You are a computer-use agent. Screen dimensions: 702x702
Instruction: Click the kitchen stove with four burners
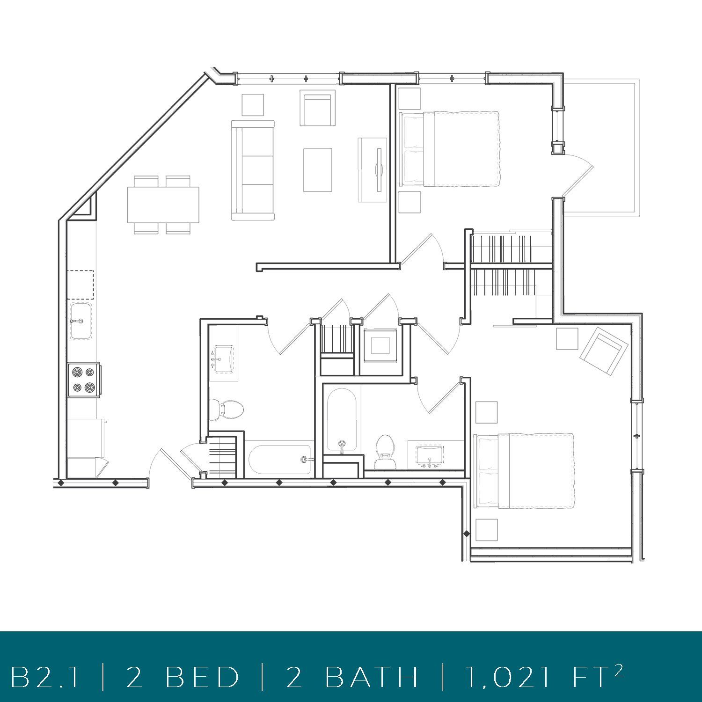click(x=83, y=380)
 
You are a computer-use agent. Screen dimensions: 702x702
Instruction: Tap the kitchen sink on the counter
click(x=80, y=322)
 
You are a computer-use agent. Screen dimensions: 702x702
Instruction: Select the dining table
click(x=163, y=205)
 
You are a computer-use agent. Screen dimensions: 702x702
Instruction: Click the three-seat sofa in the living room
click(x=253, y=170)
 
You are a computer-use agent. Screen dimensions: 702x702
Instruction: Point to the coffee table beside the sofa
click(x=317, y=170)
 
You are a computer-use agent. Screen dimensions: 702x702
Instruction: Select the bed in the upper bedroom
click(x=449, y=149)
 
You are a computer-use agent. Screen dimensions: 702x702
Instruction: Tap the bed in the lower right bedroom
click(x=524, y=471)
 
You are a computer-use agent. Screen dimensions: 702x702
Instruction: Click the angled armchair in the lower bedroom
click(x=604, y=351)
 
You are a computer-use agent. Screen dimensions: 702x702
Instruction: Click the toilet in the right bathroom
click(x=385, y=451)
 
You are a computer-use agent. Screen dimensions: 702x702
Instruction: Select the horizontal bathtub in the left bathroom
click(x=279, y=460)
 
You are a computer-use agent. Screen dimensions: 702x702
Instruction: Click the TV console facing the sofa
click(x=373, y=170)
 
